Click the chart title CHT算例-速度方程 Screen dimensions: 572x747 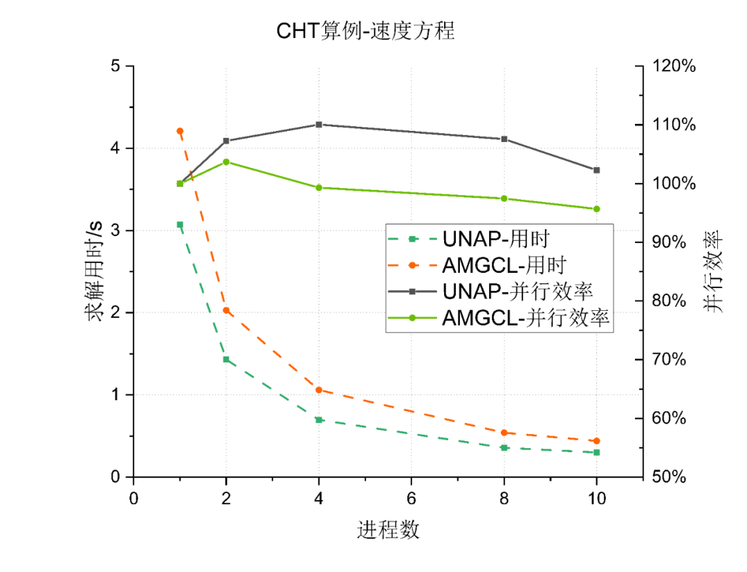(x=365, y=31)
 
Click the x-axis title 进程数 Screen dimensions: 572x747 (x=388, y=530)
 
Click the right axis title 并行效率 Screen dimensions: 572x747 (x=714, y=271)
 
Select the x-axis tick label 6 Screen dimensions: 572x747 (x=411, y=498)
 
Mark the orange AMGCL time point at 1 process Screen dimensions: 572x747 (x=180, y=131)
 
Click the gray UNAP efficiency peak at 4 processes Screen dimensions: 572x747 (x=319, y=125)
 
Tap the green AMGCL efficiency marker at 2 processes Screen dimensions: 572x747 (x=226, y=162)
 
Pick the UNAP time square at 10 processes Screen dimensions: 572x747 (x=596, y=452)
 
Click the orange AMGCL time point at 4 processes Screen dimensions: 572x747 (x=319, y=390)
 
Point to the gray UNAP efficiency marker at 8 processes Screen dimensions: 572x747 (x=504, y=139)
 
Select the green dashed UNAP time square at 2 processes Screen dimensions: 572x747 (x=226, y=359)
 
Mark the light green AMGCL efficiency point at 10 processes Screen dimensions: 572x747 (x=596, y=209)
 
